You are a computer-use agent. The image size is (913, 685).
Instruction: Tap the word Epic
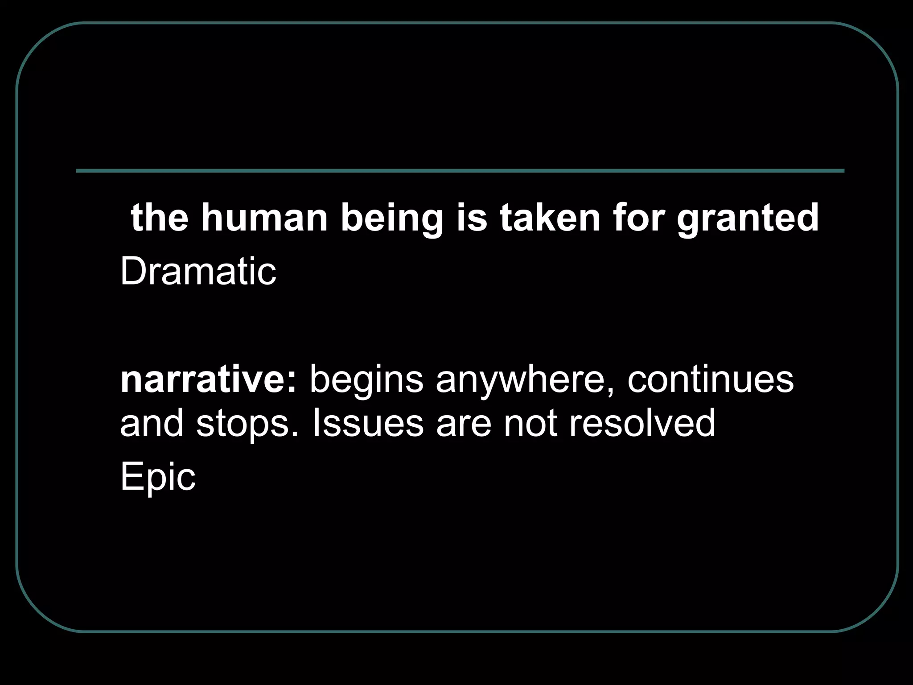coord(158,477)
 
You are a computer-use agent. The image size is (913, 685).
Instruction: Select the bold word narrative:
coord(208,380)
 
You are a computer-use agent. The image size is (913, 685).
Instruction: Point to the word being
coord(392,219)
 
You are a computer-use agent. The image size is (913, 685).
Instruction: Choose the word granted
coord(748,219)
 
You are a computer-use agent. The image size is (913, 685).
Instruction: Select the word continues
coord(711,380)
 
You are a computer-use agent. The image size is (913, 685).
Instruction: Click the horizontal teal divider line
coord(460,171)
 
